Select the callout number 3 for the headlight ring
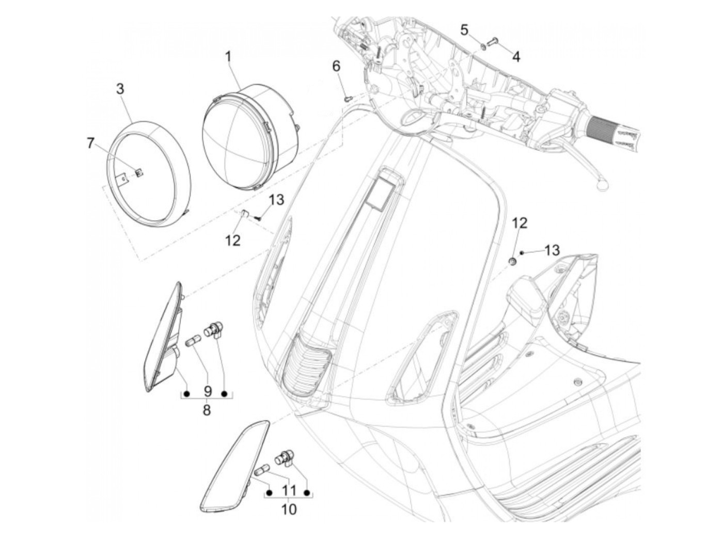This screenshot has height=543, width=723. tap(120, 89)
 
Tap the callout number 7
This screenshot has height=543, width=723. tap(91, 143)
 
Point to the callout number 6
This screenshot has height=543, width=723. tap(336, 66)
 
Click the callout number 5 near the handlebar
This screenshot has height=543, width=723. tap(465, 30)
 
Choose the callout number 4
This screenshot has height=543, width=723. tap(516, 56)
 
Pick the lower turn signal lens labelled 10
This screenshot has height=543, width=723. tap(232, 465)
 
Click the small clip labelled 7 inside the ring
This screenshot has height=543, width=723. tap(138, 172)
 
